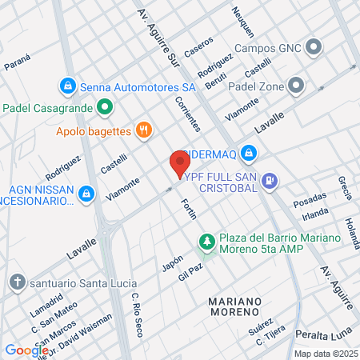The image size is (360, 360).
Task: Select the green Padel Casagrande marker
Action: coord(104,107)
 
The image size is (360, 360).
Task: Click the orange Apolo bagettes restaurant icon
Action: coord(144,130)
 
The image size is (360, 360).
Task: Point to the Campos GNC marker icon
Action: coord(314,46)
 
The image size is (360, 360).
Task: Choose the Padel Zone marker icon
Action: coord(297,84)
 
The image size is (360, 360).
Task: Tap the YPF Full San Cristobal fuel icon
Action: coord(270,182)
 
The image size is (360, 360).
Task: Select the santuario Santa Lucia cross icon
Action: coord(17,282)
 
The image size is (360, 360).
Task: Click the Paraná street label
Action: coord(17,59)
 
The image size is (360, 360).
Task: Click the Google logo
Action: coord(26,350)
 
